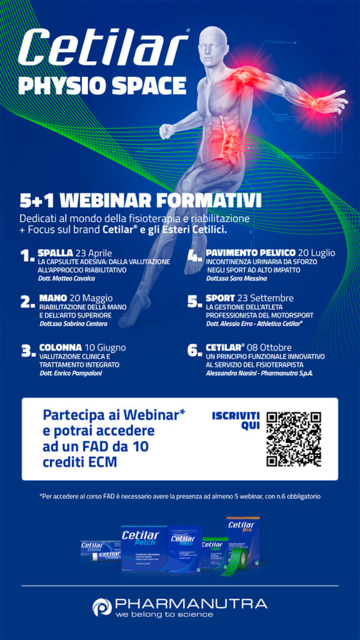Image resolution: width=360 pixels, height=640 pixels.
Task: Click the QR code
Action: coord(293,439)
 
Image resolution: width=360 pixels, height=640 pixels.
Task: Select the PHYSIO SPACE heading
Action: coord(102,84)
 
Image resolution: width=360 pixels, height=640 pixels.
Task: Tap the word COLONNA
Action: coord(61,347)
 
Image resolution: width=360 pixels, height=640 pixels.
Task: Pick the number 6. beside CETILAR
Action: coord(194,351)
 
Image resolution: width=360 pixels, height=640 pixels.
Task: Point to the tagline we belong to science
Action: coord(164,614)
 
